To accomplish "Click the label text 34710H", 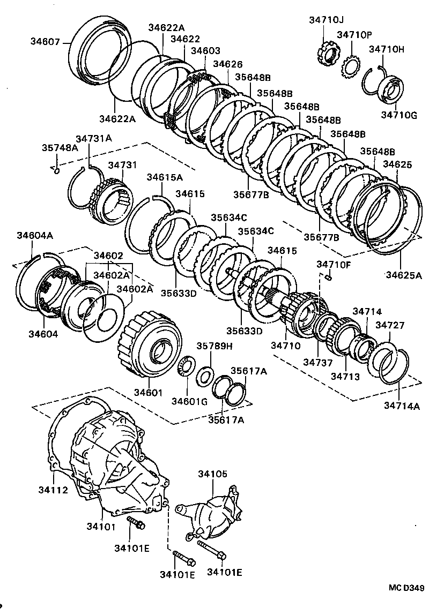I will point(387,49).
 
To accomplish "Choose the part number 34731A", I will point(93,138).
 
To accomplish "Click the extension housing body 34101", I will point(118,466).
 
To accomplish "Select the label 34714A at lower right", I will point(402,406).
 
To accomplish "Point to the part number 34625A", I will point(404,275).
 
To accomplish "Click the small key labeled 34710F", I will point(330,277).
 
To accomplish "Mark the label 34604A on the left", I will point(34,235).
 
